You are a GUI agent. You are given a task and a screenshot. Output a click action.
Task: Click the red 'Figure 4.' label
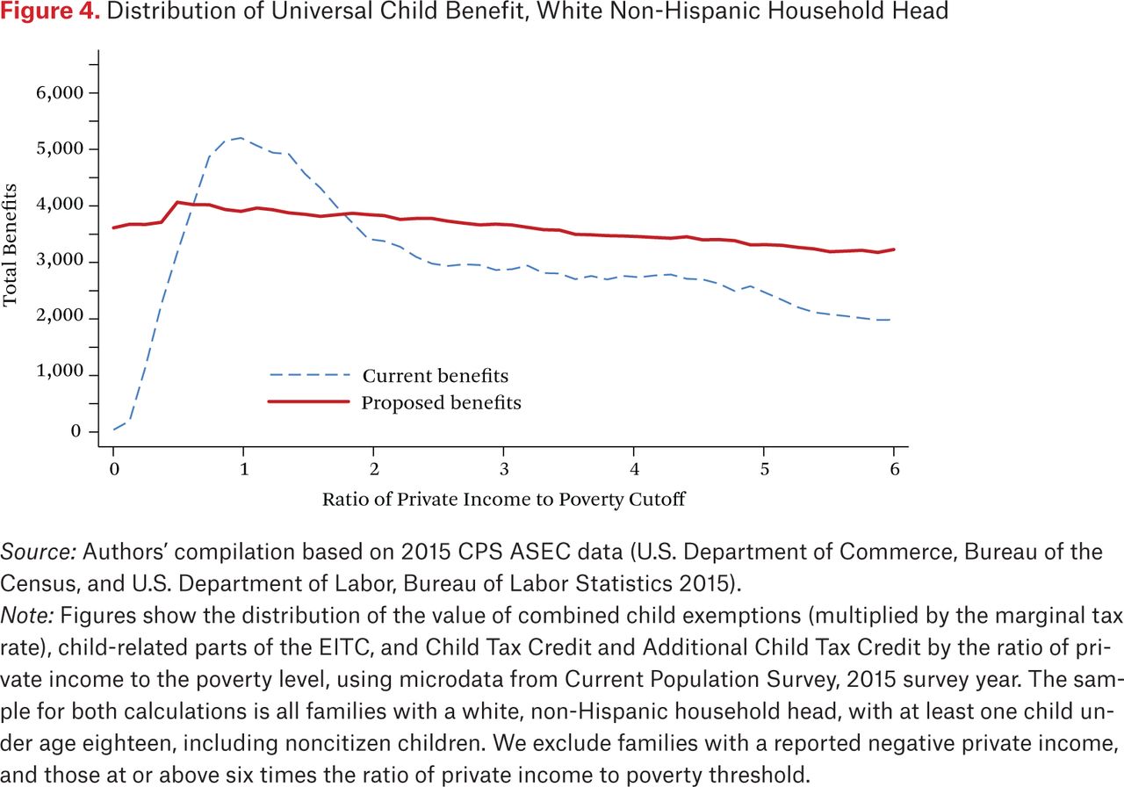[x=50, y=11]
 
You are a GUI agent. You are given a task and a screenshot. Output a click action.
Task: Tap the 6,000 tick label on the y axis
[x=60, y=93]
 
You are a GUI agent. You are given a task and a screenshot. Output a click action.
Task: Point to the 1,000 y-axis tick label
[x=60, y=371]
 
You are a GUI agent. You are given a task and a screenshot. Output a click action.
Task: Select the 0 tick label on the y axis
[x=76, y=431]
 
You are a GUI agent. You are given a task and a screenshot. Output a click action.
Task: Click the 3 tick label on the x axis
[x=504, y=469]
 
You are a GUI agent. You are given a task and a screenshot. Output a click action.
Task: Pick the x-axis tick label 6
[x=894, y=469]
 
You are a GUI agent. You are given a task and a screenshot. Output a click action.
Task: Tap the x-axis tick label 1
[x=244, y=469]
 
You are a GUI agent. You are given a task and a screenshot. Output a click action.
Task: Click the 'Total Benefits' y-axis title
[x=10, y=245]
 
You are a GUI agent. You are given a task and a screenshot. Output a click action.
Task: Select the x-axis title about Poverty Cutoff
[x=503, y=500]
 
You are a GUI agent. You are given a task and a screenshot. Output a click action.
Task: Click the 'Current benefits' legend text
[x=435, y=376]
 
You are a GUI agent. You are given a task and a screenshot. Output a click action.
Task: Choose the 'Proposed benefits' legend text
[x=441, y=403]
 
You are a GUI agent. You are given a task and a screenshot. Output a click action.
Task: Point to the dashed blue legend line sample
[x=310, y=375]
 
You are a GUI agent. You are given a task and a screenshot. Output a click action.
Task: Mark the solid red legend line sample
[x=308, y=401]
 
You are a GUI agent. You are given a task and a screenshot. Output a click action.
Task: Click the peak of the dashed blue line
[x=241, y=138]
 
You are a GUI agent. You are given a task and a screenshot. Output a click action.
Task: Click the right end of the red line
[x=894, y=249]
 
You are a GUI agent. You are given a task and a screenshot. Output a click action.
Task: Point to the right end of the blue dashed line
[x=890, y=320]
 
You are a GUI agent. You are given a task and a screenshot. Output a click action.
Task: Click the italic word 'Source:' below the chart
[x=38, y=552]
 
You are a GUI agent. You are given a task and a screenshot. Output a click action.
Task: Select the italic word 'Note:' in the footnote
[x=27, y=616]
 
